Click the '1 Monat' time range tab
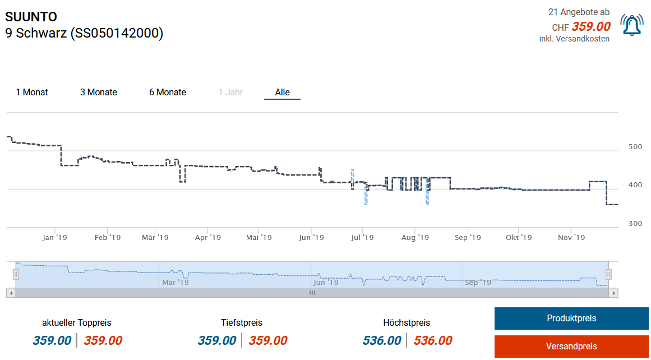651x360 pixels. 32,92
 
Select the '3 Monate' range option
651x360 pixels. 99,92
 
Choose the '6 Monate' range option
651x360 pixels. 168,92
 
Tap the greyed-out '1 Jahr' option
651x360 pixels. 230,92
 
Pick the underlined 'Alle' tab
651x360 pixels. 282,92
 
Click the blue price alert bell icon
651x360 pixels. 632,25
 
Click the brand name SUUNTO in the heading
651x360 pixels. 31,17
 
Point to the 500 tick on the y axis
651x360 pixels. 635,147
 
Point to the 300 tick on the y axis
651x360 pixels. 635,224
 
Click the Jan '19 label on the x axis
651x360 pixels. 54,238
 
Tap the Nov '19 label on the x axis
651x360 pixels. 571,238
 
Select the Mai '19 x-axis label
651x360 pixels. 259,238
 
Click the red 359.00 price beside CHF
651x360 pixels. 591,26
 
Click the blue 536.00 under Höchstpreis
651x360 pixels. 382,340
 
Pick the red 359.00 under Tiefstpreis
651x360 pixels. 268,340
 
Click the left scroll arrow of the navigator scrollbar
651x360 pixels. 11,293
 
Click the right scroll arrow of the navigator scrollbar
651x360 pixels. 614,293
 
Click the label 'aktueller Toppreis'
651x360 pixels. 77,322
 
